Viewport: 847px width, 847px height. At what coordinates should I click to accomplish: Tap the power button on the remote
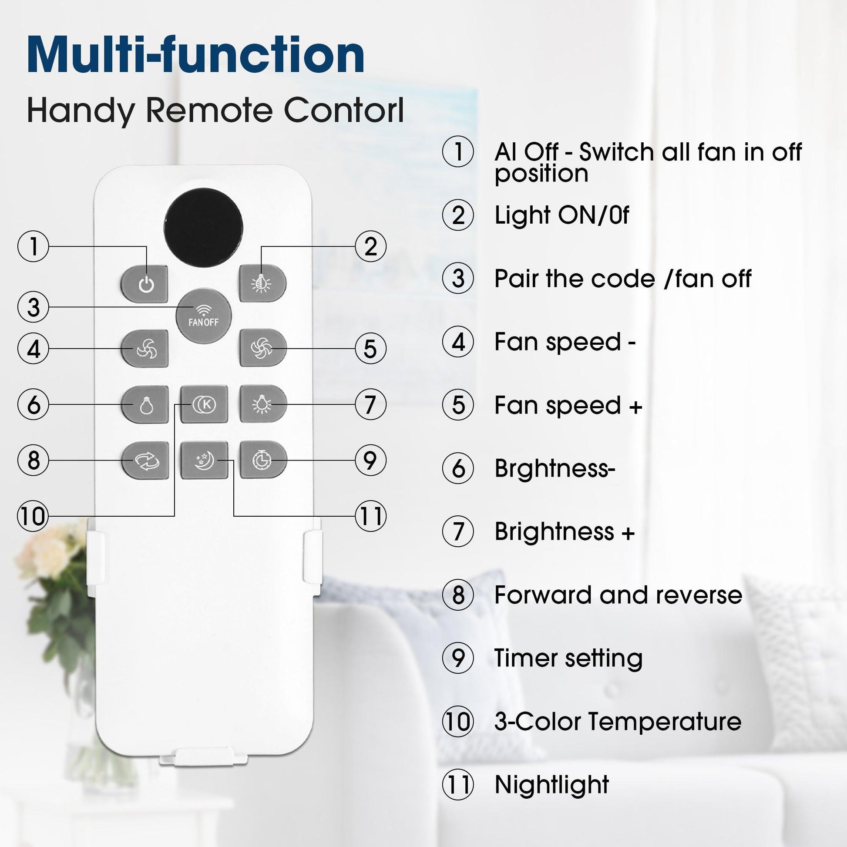point(144,284)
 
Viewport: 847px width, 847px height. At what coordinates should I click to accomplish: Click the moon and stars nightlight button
point(204,460)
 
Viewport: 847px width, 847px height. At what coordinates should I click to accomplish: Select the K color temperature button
point(204,404)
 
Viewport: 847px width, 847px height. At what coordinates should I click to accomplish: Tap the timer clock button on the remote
point(263,460)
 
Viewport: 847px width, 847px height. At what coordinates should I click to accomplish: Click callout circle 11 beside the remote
point(370,516)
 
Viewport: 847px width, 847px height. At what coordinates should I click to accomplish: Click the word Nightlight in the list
point(551,784)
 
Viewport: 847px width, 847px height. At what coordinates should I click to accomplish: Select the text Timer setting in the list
point(568,658)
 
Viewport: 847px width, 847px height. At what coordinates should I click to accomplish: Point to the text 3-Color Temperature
point(618,721)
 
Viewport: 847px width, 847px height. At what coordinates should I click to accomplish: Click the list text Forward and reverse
point(618,595)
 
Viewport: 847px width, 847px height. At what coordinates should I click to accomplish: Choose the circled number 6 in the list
point(458,469)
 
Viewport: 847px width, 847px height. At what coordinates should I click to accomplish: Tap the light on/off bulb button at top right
point(263,284)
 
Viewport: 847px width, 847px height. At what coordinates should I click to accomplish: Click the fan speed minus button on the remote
point(144,349)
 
